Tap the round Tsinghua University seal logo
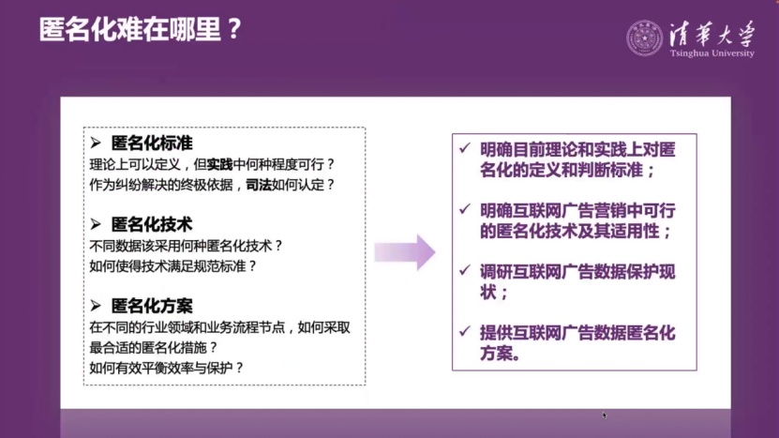click(x=644, y=38)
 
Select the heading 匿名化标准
click(x=151, y=143)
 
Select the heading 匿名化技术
click(x=151, y=224)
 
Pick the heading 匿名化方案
click(x=151, y=306)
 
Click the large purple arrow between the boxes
click(x=405, y=251)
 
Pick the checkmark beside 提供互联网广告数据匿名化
click(x=466, y=330)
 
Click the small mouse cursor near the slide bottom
click(x=605, y=415)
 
